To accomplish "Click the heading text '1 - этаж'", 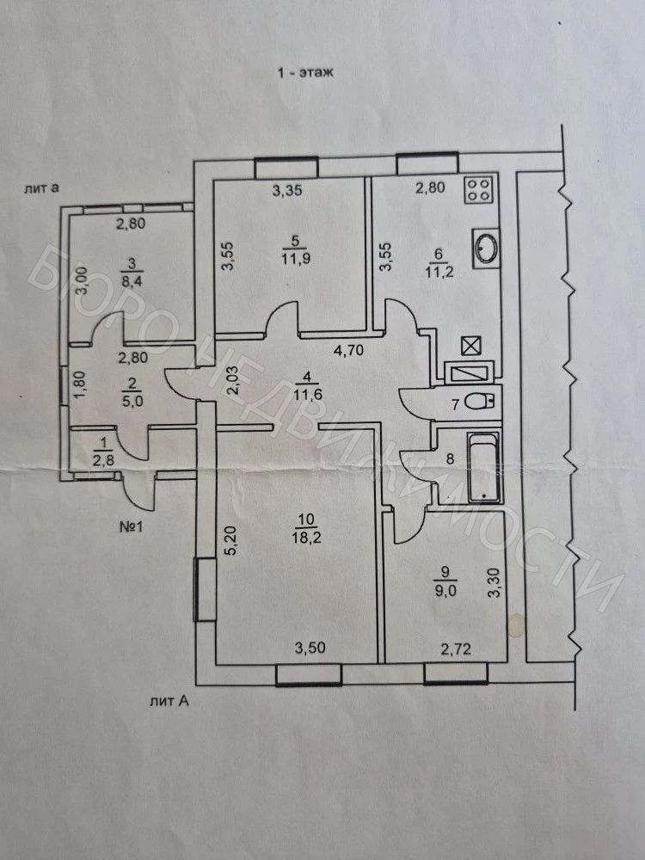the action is coord(305,72).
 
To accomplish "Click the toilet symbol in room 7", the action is coord(480,403).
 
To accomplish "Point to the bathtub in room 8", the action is coord(484,467).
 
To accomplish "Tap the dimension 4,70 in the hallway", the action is coord(349,350).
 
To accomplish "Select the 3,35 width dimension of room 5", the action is coord(288,190).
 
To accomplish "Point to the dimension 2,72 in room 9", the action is coord(456,650).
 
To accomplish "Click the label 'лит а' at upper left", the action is coord(41,188).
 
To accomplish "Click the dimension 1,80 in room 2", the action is coord(80,387).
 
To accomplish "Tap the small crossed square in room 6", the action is coord(471,346).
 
